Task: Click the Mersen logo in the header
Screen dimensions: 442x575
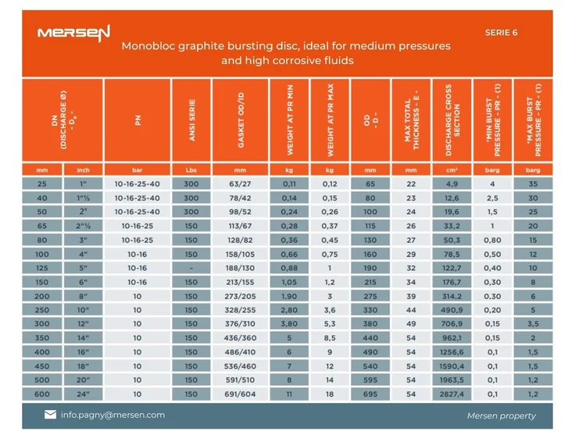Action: tap(74, 33)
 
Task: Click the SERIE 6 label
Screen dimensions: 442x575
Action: tap(501, 33)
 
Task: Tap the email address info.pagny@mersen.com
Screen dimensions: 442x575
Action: tap(112, 415)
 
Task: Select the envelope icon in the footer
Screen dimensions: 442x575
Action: tap(50, 415)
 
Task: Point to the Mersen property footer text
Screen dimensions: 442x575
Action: tap(502, 415)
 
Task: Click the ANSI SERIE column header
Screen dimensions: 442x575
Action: tap(191, 120)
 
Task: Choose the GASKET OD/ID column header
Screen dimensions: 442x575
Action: tap(241, 120)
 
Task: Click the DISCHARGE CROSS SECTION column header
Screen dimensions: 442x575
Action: tap(452, 120)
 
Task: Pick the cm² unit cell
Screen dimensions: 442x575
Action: tap(452, 169)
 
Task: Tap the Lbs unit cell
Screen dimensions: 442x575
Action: tap(191, 169)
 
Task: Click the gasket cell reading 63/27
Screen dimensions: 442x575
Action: tap(240, 184)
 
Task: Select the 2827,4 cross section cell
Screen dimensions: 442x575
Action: tap(452, 394)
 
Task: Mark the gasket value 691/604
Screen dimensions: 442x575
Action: tap(240, 394)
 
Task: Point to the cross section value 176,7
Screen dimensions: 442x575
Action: tap(452, 282)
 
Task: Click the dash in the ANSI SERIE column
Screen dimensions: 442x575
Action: tap(191, 268)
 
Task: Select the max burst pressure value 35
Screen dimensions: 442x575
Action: tap(534, 184)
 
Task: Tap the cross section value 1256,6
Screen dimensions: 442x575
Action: tap(452, 352)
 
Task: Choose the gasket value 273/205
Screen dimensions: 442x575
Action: tap(240, 296)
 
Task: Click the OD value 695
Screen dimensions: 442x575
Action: tap(370, 394)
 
